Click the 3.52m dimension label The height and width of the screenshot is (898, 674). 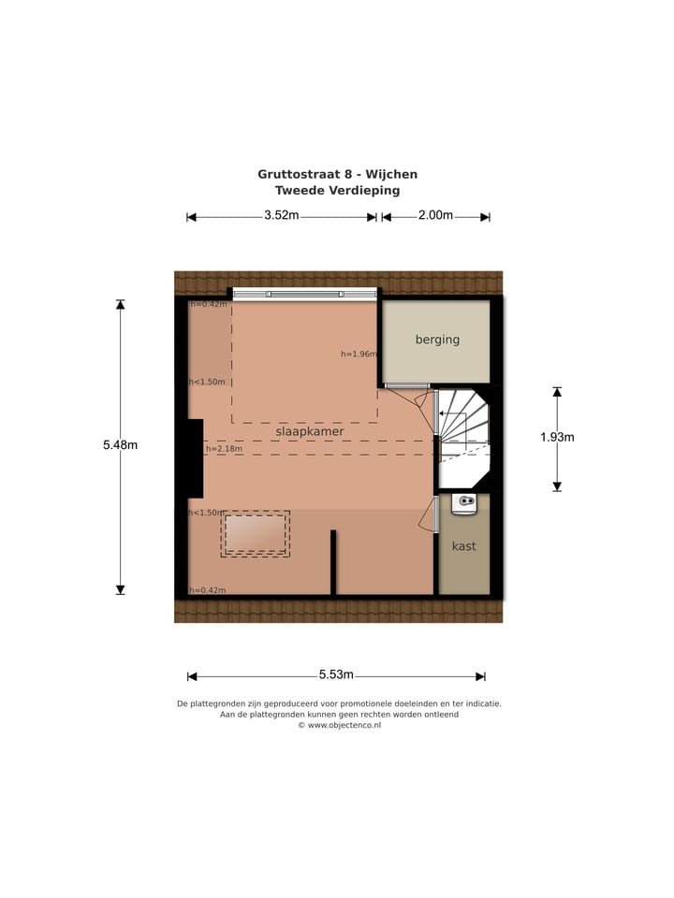click(281, 215)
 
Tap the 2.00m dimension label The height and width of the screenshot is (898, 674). click(435, 215)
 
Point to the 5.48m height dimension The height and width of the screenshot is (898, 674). click(120, 445)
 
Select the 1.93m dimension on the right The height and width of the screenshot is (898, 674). click(557, 437)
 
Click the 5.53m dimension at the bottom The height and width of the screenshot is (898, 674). click(335, 674)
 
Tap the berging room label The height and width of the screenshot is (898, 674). click(437, 340)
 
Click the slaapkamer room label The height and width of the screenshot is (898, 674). click(309, 432)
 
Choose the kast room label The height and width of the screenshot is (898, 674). click(463, 546)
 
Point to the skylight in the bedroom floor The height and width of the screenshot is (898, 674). click(256, 533)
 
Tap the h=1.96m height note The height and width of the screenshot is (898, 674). click(359, 355)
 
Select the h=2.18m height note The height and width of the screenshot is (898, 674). click(224, 449)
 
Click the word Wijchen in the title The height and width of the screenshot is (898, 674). click(392, 174)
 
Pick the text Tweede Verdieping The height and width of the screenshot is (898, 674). click(337, 190)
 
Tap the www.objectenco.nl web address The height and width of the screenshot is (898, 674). click(344, 725)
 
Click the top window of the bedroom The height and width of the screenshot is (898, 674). click(305, 294)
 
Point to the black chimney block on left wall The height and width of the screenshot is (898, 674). click(194, 458)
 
